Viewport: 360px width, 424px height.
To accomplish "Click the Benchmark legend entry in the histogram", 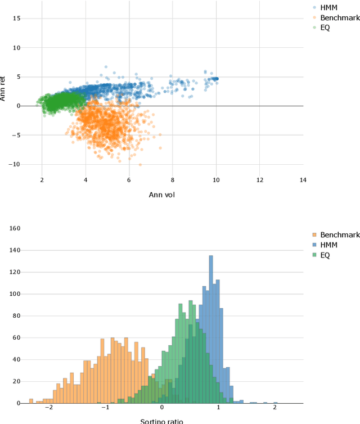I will (336, 235).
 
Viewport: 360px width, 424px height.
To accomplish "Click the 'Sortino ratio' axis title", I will (161, 421).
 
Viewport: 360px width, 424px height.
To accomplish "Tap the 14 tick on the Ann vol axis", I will (303, 180).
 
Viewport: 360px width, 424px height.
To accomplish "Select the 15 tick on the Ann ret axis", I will (16, 18).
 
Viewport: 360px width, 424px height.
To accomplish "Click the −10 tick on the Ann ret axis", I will (14, 164).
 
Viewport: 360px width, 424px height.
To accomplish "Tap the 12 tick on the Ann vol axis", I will (259, 180).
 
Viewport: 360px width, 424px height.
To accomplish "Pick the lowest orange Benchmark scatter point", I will (140, 165).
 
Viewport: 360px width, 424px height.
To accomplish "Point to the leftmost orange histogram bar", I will (31, 402).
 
